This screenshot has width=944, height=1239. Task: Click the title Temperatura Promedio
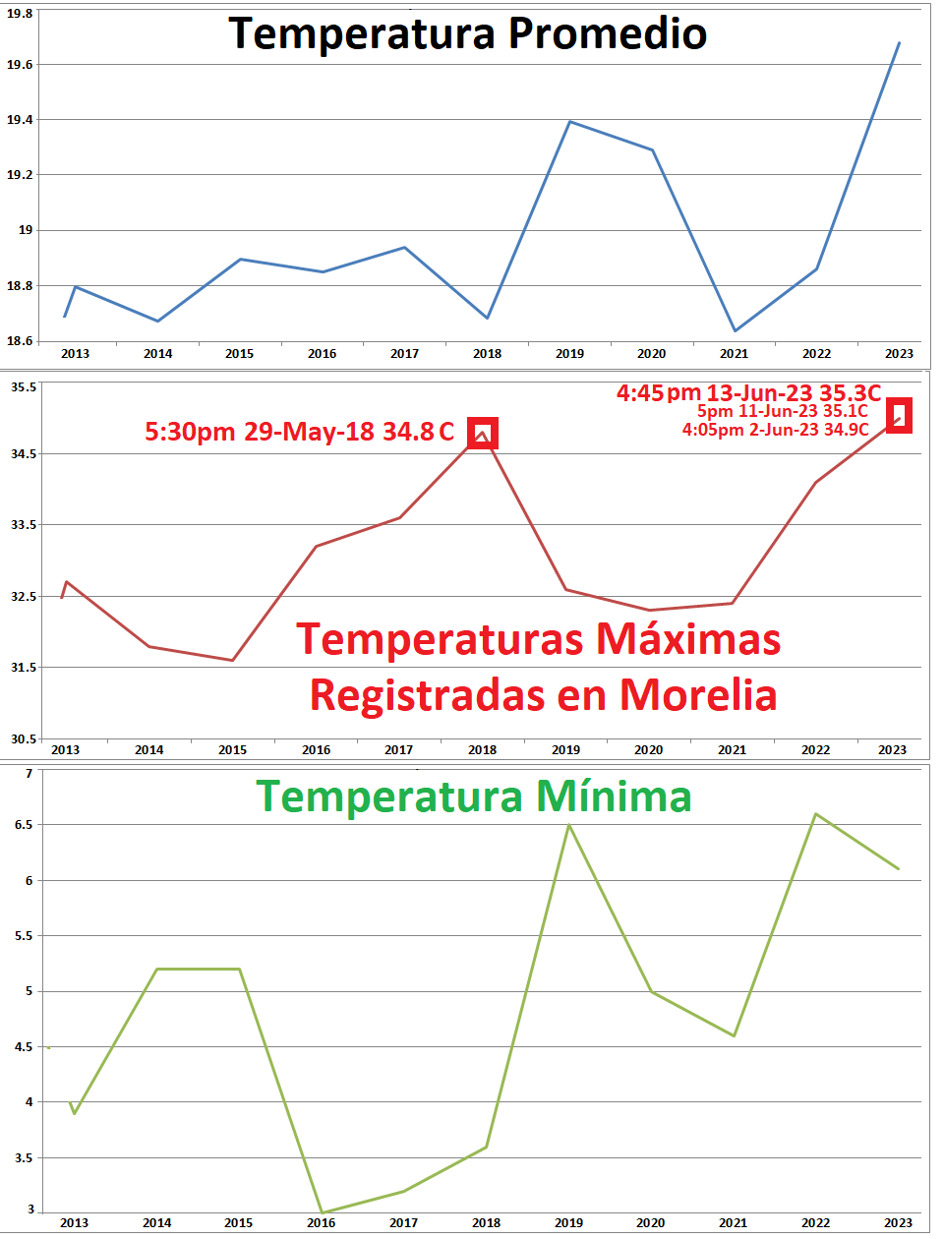[x=468, y=33]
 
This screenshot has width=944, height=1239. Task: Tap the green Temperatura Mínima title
[x=474, y=796]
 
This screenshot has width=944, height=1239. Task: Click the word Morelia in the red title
[x=698, y=695]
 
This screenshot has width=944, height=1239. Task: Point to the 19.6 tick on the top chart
[x=20, y=64]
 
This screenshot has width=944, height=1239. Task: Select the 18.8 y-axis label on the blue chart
[x=20, y=286]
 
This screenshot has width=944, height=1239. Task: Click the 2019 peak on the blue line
[x=570, y=122]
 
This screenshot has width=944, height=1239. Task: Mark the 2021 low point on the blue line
[x=735, y=330]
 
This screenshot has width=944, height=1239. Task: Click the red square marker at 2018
[x=482, y=433]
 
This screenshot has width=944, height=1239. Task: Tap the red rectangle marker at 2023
[x=899, y=415]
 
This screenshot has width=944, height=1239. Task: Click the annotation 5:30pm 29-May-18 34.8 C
[x=300, y=432]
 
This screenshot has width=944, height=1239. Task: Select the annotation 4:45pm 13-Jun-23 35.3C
[x=748, y=393]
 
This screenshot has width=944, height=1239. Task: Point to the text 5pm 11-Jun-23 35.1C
[x=783, y=411]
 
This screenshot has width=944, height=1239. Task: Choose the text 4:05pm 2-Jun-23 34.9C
[x=776, y=430]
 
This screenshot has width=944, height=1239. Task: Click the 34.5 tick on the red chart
[x=24, y=454]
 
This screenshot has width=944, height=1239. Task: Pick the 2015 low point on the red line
[x=233, y=660]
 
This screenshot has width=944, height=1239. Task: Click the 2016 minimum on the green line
[x=322, y=1212]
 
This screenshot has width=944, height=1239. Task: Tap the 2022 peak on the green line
[x=815, y=814]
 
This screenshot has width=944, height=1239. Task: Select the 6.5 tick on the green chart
[x=24, y=825]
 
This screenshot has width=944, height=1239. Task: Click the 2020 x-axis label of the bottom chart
[x=650, y=1223]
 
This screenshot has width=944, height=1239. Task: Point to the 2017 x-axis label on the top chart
[x=404, y=354]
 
